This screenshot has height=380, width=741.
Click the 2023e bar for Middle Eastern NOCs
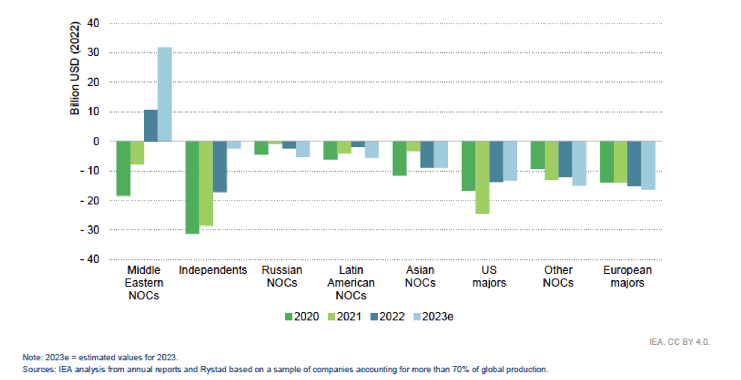point(165,94)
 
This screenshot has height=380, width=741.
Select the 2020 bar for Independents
point(192,187)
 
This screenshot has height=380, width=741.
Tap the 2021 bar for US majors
point(482,177)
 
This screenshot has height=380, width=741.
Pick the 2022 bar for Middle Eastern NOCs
point(151,126)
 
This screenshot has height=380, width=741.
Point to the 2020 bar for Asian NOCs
point(399,158)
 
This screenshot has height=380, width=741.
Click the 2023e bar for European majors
point(648,165)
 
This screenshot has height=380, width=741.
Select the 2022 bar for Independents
point(220,166)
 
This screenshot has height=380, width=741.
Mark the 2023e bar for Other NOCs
point(579,164)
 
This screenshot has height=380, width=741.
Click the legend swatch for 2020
point(288,317)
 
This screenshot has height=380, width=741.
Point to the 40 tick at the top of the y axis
point(93,24)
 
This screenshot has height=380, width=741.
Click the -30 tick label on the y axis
point(90,230)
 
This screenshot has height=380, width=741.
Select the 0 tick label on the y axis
point(96,142)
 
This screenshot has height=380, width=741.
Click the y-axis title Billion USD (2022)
point(74,68)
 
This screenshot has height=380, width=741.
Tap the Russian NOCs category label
point(282,276)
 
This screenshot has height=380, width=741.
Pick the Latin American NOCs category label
point(351,283)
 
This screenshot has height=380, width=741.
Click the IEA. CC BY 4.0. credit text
point(679,342)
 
